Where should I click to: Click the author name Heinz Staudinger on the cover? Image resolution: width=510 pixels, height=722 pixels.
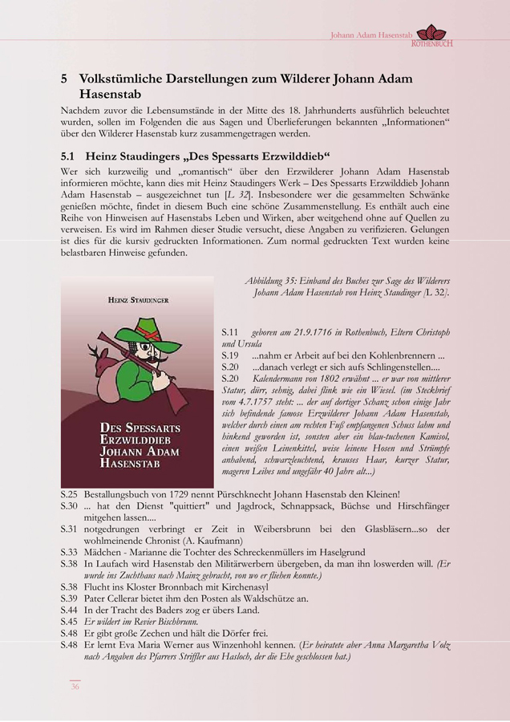click(x=137, y=299)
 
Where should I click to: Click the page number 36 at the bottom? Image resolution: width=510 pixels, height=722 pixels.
click(x=74, y=687)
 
